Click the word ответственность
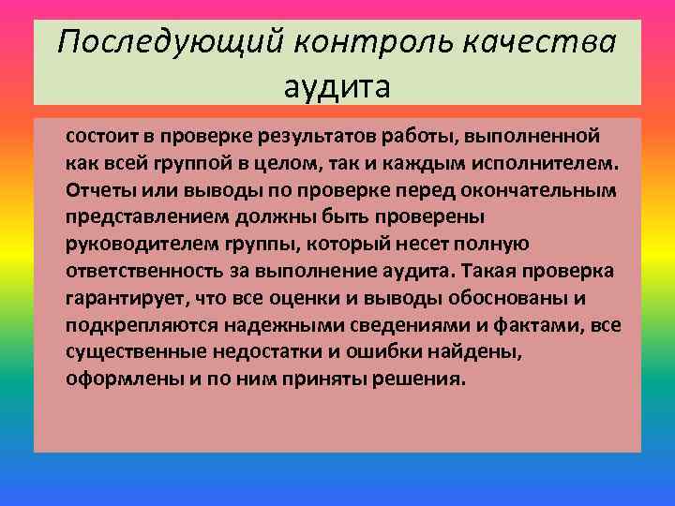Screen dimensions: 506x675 [x=138, y=271]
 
